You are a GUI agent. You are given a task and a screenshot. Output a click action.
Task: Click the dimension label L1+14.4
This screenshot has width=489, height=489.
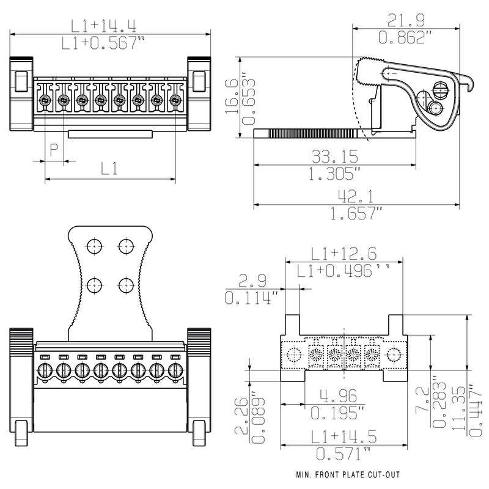pos(103,26)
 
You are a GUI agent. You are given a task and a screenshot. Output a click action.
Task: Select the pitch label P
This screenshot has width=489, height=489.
pos(54,150)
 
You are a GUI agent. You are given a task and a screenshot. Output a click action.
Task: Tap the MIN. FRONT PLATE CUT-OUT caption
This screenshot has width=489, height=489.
pos(349,475)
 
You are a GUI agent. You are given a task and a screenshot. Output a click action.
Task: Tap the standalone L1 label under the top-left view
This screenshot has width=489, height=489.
pos(109,169)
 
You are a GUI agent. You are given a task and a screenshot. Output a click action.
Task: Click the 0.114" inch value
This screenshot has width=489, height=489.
pos(251,298)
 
